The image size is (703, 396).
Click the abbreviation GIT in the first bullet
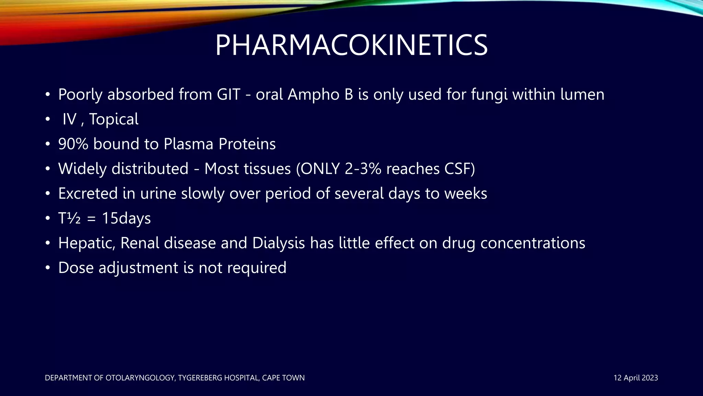228,95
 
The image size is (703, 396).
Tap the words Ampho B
320,95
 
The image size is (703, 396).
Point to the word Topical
114,119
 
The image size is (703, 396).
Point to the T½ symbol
69,218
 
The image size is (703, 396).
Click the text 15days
126,218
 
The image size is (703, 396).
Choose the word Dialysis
278,243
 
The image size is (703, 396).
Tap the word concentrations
532,243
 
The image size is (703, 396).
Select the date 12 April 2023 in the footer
635,378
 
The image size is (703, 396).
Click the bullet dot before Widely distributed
48,169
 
